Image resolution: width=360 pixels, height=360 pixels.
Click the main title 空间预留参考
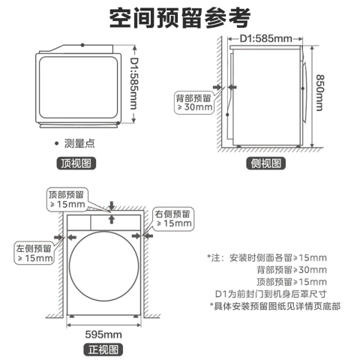(x=180, y=18)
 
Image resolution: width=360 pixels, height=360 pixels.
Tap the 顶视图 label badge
(x=76, y=163)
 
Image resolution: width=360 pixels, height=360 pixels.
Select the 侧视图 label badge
(x=266, y=163)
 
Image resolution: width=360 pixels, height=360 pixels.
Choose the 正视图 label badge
(x=103, y=349)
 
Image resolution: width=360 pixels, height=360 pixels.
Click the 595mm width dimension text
(x=103, y=334)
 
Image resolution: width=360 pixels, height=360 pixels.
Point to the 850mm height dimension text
(x=319, y=92)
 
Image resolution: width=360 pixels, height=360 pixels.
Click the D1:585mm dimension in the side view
(x=265, y=38)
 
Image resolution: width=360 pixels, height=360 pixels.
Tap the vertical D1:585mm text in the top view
(x=134, y=83)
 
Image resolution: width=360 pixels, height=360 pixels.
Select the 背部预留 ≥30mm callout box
(x=194, y=103)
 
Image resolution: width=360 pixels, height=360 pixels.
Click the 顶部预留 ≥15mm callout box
(x=67, y=199)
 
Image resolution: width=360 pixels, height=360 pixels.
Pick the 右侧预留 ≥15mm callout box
(x=173, y=219)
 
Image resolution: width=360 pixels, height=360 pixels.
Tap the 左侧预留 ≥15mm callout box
(x=34, y=253)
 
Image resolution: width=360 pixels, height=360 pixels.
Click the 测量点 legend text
(x=79, y=143)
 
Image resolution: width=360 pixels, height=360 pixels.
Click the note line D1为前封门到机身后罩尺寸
(x=271, y=294)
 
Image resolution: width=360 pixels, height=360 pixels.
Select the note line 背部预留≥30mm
(x=292, y=270)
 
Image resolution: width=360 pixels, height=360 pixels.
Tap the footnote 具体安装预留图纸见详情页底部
(x=274, y=306)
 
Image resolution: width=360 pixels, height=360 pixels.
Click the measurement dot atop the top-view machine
(x=82, y=45)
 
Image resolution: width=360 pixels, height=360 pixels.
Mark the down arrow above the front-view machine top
(x=112, y=205)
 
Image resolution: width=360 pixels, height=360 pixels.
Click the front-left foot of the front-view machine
(x=72, y=316)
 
